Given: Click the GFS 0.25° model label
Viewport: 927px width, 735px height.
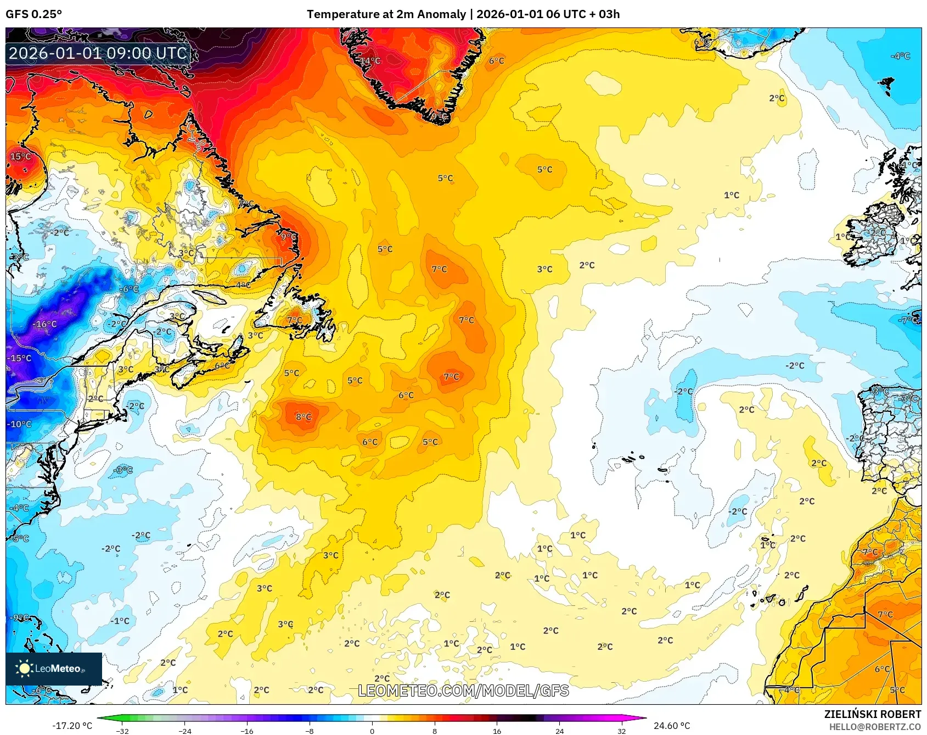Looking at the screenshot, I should tap(34, 14).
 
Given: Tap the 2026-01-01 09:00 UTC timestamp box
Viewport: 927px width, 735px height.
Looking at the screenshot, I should tap(98, 53).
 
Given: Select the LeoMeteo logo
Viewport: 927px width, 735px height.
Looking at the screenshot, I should tap(54, 669).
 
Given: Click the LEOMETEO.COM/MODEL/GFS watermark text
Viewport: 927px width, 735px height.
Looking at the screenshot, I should tap(463, 691).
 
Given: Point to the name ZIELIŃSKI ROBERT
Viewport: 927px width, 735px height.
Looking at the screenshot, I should tap(872, 714).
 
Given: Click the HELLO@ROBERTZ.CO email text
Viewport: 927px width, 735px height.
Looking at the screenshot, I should tap(875, 727).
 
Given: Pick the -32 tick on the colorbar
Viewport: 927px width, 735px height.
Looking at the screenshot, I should tap(123, 731).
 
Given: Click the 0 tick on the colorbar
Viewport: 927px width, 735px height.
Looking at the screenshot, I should tap(372, 731).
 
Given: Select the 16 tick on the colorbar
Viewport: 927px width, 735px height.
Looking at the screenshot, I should tap(497, 731).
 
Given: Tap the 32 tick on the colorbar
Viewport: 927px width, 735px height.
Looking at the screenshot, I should tap(621, 731).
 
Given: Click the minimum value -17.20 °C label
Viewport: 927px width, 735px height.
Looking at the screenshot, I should tap(72, 726).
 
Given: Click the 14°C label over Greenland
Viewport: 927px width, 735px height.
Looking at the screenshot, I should tap(370, 60).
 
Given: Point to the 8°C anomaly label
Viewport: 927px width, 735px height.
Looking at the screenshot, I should tap(304, 417).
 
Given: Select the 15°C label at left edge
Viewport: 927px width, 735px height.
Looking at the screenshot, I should tap(20, 157).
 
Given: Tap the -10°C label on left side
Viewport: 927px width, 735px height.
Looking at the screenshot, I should tap(19, 424).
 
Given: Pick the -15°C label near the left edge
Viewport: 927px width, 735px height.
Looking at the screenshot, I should tap(19, 358).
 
